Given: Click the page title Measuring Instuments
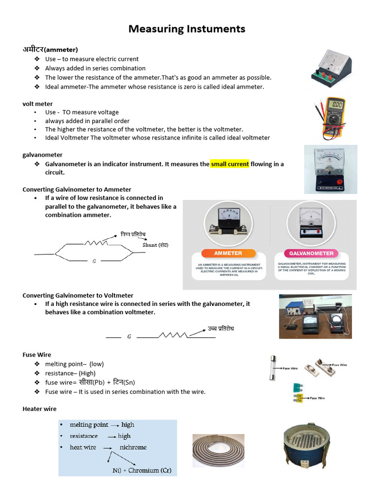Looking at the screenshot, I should point(187,29).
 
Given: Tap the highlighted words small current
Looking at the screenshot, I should point(230,164).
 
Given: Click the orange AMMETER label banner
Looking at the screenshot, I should point(228,253).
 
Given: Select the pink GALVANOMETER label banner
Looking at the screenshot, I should point(312,253).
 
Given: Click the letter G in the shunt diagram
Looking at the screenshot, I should point(94,261).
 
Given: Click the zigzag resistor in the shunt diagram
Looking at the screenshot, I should point(96,243).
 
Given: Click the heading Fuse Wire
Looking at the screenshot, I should point(37,355).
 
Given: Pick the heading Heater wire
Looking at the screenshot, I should point(39,409).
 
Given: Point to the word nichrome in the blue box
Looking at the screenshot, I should point(133,447).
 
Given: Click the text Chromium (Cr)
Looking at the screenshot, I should point(150,470).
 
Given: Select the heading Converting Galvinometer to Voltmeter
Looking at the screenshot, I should point(78,295).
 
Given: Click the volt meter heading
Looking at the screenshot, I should point(37,104).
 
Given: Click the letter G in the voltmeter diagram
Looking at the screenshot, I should point(129,336).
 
